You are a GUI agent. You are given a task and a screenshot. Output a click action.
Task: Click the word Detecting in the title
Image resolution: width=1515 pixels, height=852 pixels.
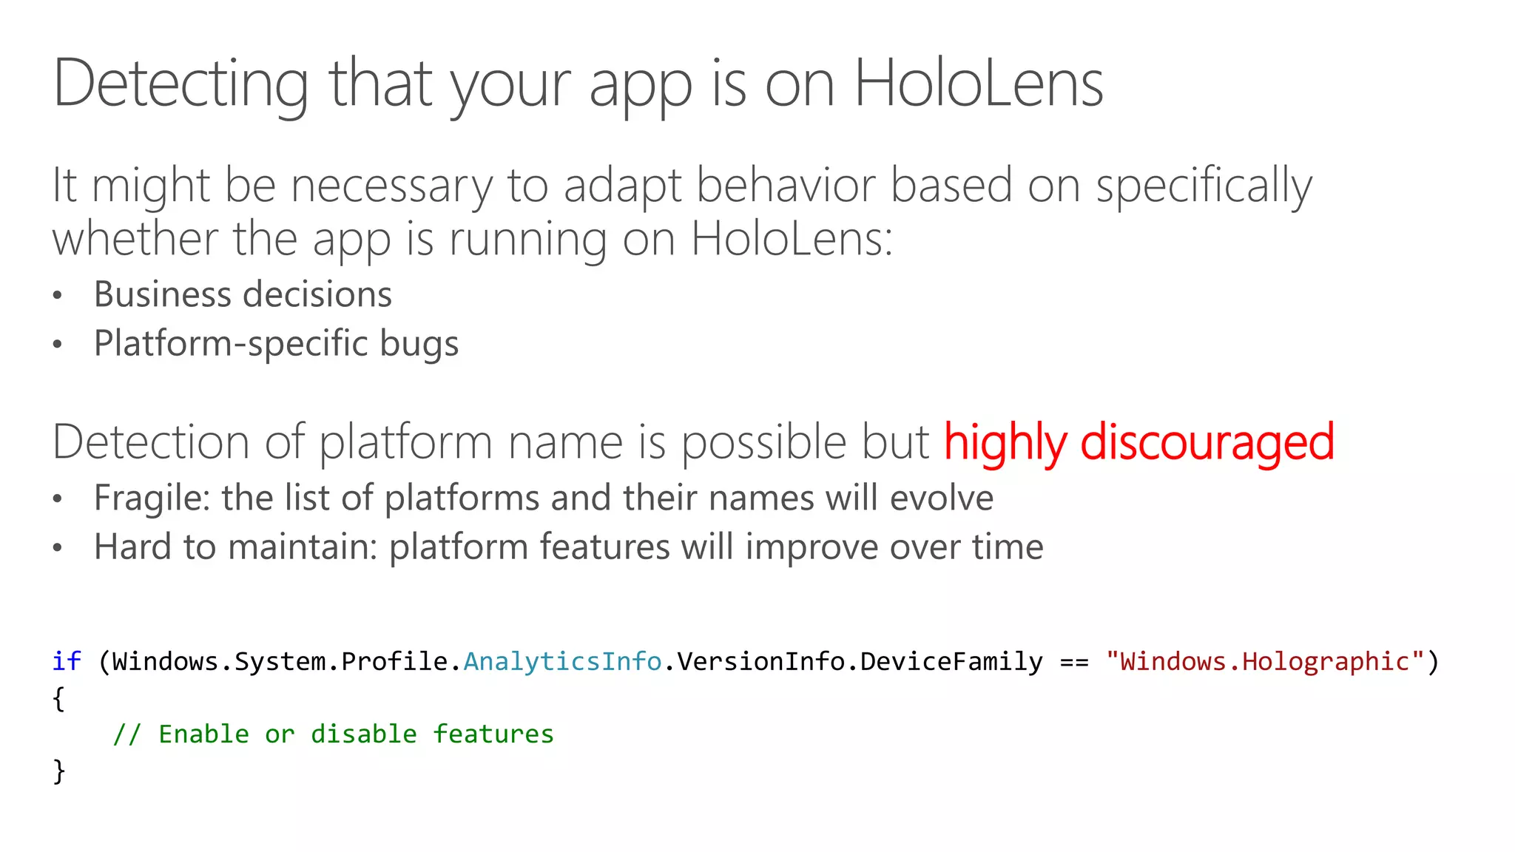click(x=180, y=84)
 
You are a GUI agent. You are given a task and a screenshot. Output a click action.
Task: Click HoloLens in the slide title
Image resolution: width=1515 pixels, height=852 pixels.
click(x=978, y=84)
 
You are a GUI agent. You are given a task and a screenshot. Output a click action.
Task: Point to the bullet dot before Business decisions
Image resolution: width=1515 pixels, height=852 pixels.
click(x=58, y=296)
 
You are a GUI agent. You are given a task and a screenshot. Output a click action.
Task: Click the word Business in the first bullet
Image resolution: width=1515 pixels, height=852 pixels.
click(x=163, y=294)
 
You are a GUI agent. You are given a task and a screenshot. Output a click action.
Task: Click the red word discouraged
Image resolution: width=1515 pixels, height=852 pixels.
click(x=1207, y=442)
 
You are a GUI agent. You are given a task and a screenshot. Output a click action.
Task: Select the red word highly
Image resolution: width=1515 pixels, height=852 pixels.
click(x=1005, y=442)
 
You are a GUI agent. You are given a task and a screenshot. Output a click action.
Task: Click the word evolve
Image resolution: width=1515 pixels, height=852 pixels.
click(x=942, y=498)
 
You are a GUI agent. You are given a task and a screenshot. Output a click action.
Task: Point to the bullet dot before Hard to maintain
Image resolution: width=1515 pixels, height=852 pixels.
click(x=58, y=548)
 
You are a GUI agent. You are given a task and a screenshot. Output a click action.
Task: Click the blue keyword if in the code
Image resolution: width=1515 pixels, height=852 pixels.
click(x=67, y=660)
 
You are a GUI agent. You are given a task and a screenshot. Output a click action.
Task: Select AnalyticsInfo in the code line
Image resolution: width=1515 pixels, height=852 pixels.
click(x=562, y=661)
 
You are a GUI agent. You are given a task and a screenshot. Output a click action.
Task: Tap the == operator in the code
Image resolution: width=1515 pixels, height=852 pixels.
click(x=1074, y=661)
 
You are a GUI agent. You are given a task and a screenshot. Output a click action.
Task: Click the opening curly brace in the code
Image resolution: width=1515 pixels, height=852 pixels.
click(x=59, y=698)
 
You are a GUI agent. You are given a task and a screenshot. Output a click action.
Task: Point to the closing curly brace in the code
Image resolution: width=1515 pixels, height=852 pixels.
click(x=59, y=771)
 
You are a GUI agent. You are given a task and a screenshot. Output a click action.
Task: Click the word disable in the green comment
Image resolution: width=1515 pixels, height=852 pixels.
click(x=363, y=734)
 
